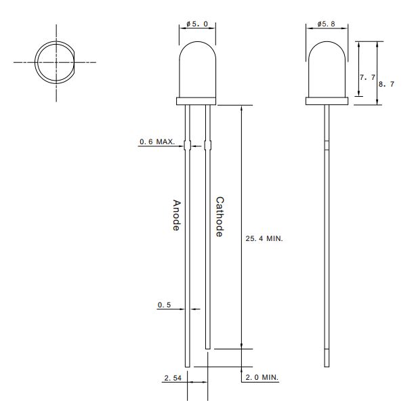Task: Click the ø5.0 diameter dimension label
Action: pos(197,25)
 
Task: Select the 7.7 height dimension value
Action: pos(367,78)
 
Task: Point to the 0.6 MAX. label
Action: pos(157,142)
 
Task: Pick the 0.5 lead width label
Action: pos(164,305)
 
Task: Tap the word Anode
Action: pos(176,215)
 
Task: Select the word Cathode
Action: pos(220,217)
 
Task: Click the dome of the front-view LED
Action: pos(197,68)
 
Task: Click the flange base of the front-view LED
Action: pos(197,102)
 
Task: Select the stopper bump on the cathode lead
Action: pos(207,144)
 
